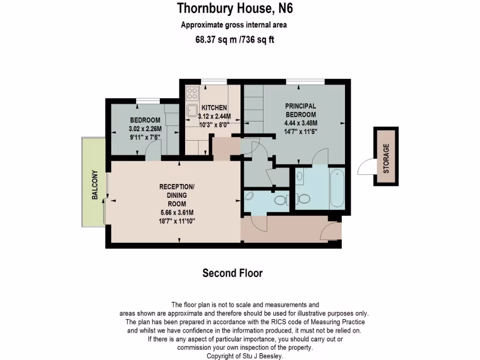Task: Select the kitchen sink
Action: tap(192, 111)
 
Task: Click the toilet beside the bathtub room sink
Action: tap(302, 199)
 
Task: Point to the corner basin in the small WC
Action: tap(249, 196)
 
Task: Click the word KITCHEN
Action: tap(214, 108)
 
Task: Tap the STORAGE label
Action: tap(386, 158)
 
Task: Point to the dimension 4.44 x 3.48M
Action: tap(300, 123)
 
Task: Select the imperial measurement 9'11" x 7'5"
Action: tap(144, 137)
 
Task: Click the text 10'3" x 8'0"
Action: tap(214, 125)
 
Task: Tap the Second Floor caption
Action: tap(232, 273)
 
